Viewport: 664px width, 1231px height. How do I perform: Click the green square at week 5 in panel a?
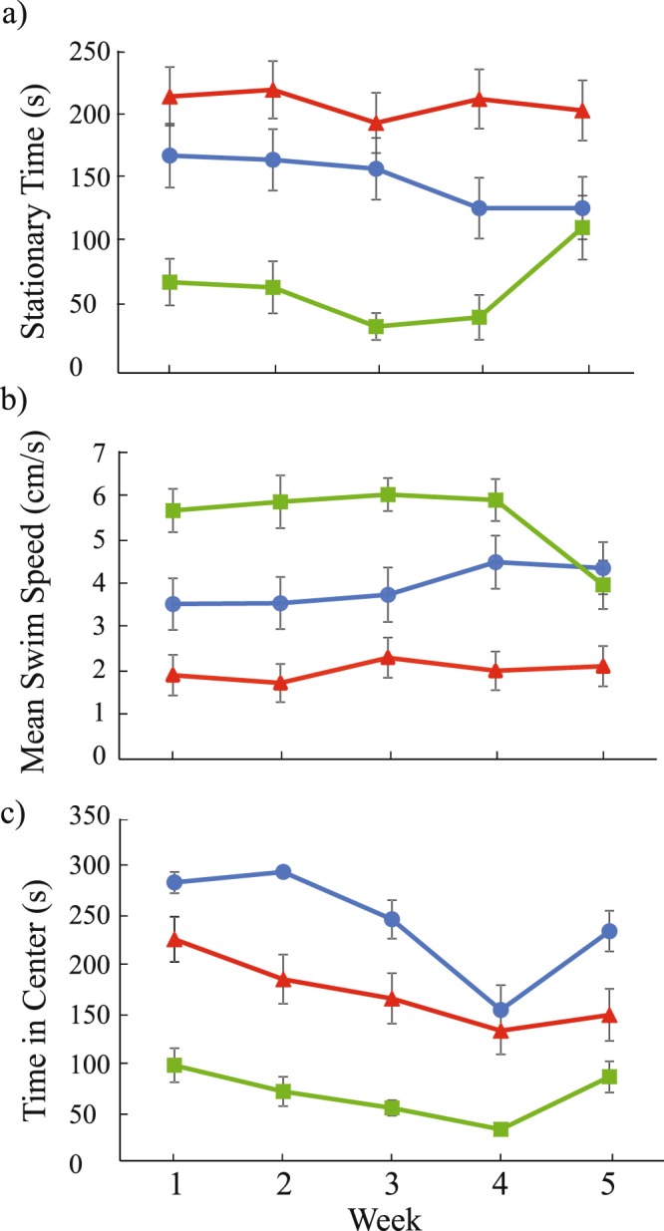pos(584,227)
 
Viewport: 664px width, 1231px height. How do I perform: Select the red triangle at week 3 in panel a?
pos(377,123)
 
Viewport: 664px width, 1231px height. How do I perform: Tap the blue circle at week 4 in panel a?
pos(480,207)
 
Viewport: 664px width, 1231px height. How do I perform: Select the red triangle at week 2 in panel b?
pos(281,683)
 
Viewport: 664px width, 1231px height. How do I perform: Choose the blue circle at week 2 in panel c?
pos(282,872)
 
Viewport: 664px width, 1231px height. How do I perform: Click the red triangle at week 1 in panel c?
pos(173,938)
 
